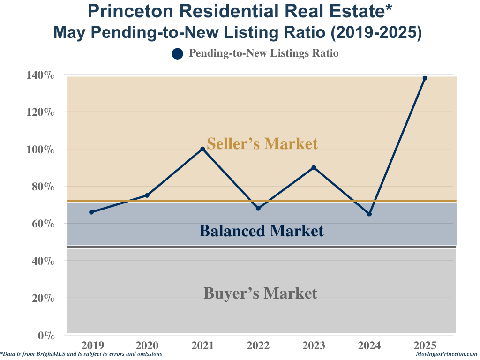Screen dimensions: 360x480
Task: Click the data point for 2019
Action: (91, 212)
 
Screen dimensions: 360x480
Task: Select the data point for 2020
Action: (147, 195)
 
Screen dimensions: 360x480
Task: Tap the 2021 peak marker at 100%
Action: (202, 149)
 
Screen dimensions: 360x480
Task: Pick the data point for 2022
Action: (258, 208)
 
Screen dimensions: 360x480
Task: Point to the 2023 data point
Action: (314, 167)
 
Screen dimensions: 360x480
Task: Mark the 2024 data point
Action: (369, 214)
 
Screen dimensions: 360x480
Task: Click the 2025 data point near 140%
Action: (425, 78)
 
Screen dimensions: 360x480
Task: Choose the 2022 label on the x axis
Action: (258, 346)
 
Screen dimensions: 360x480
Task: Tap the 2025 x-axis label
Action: (425, 346)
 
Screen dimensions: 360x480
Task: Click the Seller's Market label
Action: (262, 143)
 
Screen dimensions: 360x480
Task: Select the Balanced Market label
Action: (261, 231)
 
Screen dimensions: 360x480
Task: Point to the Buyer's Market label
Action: (260, 293)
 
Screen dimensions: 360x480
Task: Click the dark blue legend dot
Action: (177, 54)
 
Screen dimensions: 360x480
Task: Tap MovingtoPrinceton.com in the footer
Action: (446, 354)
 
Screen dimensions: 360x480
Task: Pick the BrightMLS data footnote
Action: (82, 354)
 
